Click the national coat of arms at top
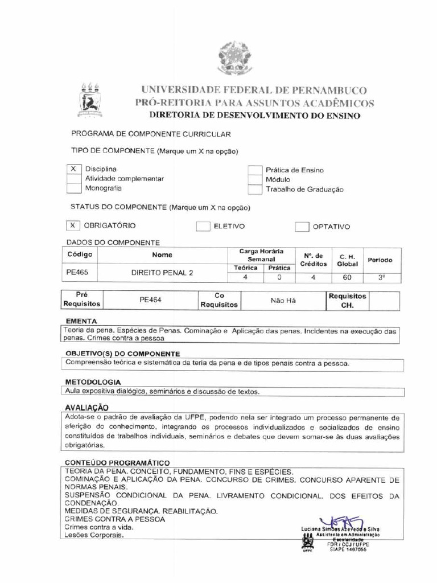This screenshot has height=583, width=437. coord(234,59)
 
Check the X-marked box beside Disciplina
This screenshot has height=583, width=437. coord(73,170)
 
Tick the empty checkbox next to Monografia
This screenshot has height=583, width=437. coord(73,188)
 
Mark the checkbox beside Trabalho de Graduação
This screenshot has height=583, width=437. coord(254,189)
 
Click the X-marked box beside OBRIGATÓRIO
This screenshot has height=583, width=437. coord(73,226)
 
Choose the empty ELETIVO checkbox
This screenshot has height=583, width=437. coord(203,227)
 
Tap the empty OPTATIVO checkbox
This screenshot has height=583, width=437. coord(302,227)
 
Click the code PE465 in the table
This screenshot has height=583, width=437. coord(77,272)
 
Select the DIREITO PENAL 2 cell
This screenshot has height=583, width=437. coord(162,273)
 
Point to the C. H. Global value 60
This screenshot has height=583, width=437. coord(347,278)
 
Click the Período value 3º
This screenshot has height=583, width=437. coord(381,277)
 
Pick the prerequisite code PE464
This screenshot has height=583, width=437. coord(151,299)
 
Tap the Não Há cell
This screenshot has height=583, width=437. coord(283,299)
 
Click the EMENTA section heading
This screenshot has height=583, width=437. coord(81,321)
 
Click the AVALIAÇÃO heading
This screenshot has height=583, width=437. coord(86,408)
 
